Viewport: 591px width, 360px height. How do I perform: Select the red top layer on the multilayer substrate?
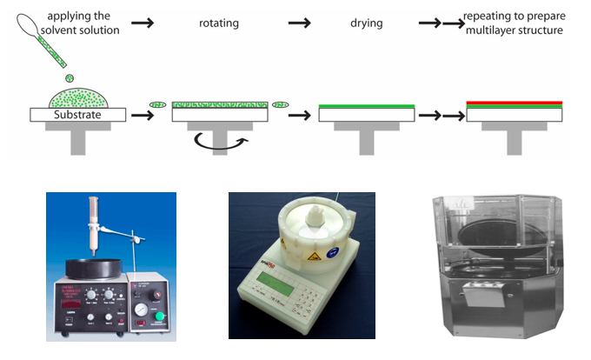click(x=515, y=103)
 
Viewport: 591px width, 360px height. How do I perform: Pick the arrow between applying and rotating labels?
click(x=143, y=23)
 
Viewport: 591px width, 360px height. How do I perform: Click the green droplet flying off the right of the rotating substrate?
click(x=281, y=105)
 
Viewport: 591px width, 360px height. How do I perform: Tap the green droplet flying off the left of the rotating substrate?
click(x=158, y=105)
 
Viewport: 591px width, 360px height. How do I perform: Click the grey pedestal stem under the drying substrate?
click(x=367, y=141)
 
